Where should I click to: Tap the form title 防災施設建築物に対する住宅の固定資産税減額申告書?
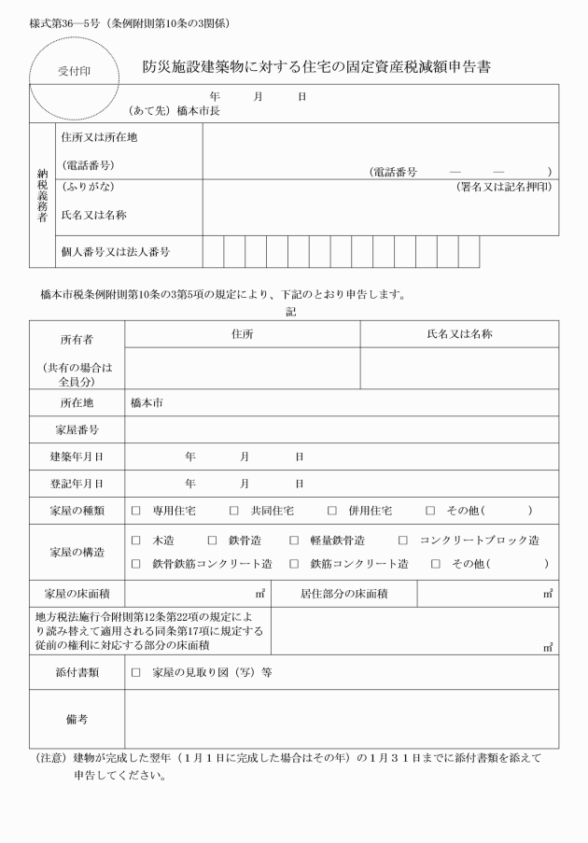pyautogui.click(x=317, y=67)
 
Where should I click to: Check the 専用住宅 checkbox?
pyautogui.click(x=135, y=511)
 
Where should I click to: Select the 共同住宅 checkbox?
pyautogui.click(x=234, y=511)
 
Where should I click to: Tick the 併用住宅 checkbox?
pyautogui.click(x=331, y=511)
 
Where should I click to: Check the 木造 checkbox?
pyautogui.click(x=135, y=541)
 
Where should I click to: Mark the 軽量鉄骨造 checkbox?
pyautogui.click(x=293, y=541)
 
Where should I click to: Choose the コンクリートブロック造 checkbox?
pyautogui.click(x=403, y=541)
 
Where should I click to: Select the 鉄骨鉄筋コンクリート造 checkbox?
pyautogui.click(x=135, y=564)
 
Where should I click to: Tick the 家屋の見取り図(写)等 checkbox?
pyautogui.click(x=135, y=672)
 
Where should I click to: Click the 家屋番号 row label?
pyautogui.click(x=77, y=429)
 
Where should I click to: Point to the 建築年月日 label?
pyautogui.click(x=77, y=457)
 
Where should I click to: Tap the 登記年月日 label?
pyautogui.click(x=77, y=484)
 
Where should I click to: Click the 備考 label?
pyautogui.click(x=77, y=719)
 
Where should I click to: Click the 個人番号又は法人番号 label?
pyautogui.click(x=116, y=252)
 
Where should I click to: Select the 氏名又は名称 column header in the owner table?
pyautogui.click(x=459, y=333)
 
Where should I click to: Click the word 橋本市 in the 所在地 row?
pyautogui.click(x=147, y=403)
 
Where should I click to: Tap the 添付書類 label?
pyautogui.click(x=77, y=672)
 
